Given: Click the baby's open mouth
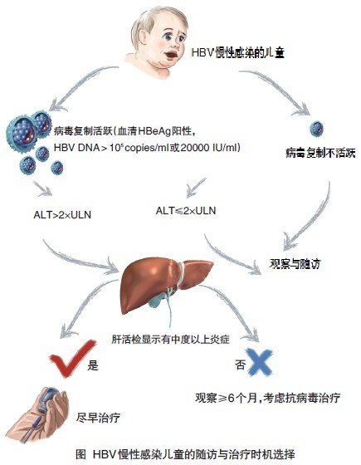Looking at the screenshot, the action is coord(172,55).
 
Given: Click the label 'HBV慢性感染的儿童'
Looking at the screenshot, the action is coord(238,53).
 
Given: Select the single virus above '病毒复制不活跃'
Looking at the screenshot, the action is coord(316,129).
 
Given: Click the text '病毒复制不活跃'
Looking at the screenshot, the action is coord(320,153).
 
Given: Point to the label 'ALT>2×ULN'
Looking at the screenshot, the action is coord(62,214).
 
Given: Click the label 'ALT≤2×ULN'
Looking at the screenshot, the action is coord(186,211).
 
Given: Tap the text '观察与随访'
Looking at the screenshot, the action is coord(295,264).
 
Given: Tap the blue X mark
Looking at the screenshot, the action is coord(259,362).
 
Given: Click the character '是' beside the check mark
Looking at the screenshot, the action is coord(93,365).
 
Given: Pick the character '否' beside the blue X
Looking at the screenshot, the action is coord(241,365).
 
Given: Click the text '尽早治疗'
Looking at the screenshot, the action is coord(99,418).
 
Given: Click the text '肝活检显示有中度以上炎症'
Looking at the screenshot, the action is coord(171,339).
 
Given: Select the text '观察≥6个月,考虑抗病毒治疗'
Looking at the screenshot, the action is coord(267,398).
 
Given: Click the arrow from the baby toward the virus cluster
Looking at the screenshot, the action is coord(80,86).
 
